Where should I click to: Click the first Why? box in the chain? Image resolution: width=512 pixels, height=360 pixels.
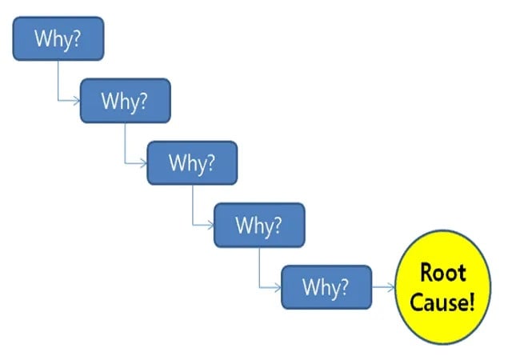pyautogui.click(x=58, y=38)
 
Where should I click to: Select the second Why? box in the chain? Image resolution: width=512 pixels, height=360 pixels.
pyautogui.click(x=125, y=101)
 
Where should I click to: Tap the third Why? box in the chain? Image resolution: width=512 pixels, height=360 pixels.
pyautogui.click(x=192, y=163)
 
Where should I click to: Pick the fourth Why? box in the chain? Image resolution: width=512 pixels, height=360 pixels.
pyautogui.click(x=259, y=225)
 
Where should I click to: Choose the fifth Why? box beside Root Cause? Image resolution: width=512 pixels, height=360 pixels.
pyautogui.click(x=326, y=286)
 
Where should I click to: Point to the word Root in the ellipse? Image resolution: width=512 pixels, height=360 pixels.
pyautogui.click(x=442, y=273)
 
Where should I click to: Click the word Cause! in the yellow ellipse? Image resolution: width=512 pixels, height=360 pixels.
pyautogui.click(x=442, y=302)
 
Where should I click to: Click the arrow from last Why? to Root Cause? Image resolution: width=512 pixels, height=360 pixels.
pyautogui.click(x=384, y=287)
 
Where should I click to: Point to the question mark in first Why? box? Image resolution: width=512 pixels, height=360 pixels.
pyautogui.click(x=76, y=38)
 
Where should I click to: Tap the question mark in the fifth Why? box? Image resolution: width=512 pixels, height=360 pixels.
pyautogui.click(x=344, y=286)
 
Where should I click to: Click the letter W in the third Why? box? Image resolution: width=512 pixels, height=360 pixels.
pyautogui.click(x=176, y=163)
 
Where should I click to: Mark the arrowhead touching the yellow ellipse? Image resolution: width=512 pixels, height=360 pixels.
pyautogui.click(x=392, y=287)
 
